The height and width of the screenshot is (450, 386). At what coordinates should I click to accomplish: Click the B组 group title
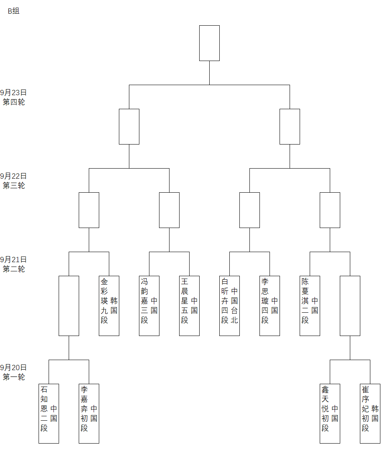coord(14,11)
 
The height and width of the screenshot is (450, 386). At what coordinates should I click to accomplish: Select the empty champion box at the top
coord(209,43)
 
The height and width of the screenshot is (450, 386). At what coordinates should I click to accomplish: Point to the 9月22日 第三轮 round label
coord(14,181)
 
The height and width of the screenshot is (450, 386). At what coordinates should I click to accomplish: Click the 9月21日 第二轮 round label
coord(14,265)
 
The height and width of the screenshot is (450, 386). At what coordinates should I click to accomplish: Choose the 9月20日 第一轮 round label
coord(14,373)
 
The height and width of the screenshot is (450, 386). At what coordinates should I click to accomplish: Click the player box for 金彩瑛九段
coord(109,305)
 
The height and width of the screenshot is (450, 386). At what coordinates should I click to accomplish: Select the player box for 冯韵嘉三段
coord(149,305)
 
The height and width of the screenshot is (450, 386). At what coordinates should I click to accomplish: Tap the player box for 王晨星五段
coord(189,305)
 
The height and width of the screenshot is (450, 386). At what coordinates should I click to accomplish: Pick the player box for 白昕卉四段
coord(229,305)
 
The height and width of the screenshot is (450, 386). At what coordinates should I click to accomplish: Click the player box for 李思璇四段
coord(270,305)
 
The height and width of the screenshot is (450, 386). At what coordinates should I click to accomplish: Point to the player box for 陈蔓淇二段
coord(310,305)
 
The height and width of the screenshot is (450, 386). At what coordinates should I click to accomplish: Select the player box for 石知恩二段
coord(49,413)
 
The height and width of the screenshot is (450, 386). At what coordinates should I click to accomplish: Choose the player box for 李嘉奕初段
coord(89,413)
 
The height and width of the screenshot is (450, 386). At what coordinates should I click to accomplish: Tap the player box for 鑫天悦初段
coord(330,413)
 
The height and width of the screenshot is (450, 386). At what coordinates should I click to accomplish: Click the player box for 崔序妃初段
coord(370,413)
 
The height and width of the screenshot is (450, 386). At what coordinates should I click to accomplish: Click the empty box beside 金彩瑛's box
coord(69,305)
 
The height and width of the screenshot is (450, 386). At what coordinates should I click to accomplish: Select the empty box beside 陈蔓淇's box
coord(350,305)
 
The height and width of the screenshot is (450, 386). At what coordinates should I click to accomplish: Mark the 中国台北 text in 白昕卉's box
coord(235,305)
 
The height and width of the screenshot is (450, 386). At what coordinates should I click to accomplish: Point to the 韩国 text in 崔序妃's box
coord(375,413)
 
